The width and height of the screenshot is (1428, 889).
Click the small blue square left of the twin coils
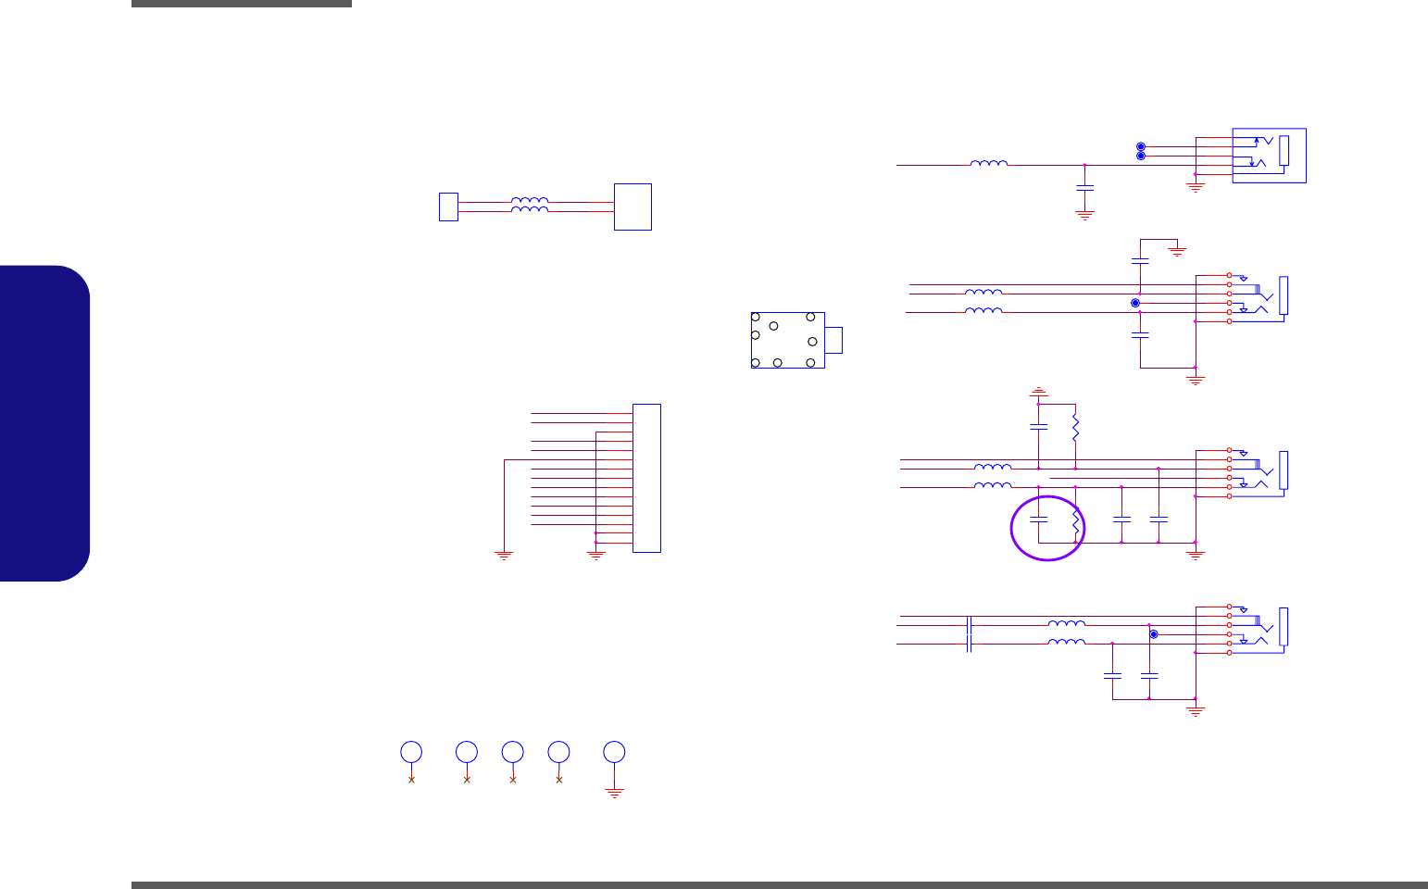tap(448, 207)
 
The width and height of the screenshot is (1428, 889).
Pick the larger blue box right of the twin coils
tap(633, 207)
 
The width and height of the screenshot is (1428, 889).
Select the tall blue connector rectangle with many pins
tap(646, 478)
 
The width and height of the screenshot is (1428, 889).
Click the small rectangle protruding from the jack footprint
tap(833, 340)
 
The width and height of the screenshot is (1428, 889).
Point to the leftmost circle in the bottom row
tap(411, 751)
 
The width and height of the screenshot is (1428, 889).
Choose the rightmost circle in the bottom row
tap(614, 751)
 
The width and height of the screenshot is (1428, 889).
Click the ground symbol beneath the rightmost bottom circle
tap(614, 793)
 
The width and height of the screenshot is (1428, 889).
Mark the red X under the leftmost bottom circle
tap(411, 780)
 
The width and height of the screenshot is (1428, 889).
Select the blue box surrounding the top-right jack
tap(1269, 156)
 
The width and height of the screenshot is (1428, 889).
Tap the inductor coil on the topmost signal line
tap(989, 163)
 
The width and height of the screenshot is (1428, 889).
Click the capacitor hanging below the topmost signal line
tap(1084, 189)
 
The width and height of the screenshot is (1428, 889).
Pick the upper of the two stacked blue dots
tap(1141, 147)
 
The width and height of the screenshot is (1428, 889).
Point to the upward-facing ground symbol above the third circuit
tap(1039, 392)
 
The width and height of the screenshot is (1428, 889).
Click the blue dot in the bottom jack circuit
tap(1154, 634)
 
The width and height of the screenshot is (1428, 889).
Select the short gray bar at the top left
tap(242, 4)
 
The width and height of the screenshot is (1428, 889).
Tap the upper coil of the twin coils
tap(530, 200)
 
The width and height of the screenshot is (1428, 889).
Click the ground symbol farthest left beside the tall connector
tap(504, 555)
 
